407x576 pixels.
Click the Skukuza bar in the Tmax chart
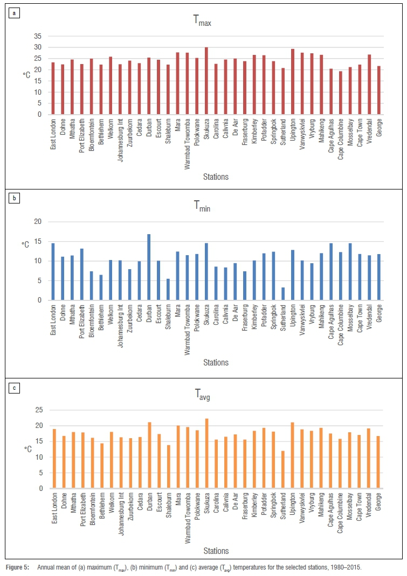pyautogui.click(x=206, y=81)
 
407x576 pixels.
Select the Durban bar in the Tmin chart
pyautogui.click(x=149, y=267)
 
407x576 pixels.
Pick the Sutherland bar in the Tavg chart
pyautogui.click(x=283, y=470)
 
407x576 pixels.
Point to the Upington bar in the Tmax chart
pyautogui.click(x=293, y=82)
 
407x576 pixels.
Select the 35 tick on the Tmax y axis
pyautogui.click(x=37, y=36)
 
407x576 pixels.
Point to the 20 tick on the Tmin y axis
pyautogui.click(x=37, y=222)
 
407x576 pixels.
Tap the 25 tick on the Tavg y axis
pyautogui.click(x=37, y=410)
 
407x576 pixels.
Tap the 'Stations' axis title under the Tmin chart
pyautogui.click(x=216, y=363)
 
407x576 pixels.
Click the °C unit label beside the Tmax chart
pyautogui.click(x=26, y=75)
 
